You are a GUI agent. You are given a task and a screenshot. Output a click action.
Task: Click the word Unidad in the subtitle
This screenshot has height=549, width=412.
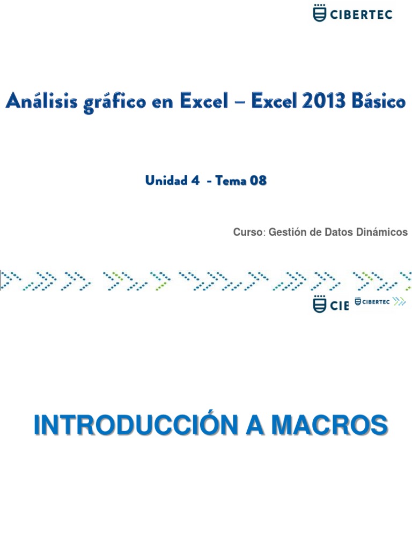pos(162,181)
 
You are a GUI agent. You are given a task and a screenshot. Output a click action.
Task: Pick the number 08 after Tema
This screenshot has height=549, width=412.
pos(256,181)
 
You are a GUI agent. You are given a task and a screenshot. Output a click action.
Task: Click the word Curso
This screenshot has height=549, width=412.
pos(249,232)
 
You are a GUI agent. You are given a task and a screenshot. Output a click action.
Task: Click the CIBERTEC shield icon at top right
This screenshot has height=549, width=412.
pos(319,13)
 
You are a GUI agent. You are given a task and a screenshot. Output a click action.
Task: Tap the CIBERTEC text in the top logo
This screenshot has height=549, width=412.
pos(362,14)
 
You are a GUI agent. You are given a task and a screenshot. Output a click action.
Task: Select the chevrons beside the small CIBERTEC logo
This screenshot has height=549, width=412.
pos(399,301)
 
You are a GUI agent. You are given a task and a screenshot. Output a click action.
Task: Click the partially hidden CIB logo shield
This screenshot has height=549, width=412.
pos(319,305)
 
